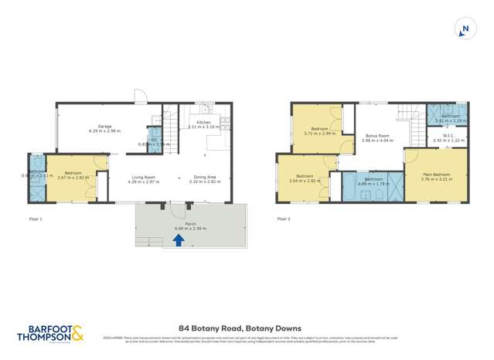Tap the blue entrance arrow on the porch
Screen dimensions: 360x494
pos(179,239)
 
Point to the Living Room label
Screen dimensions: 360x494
pos(143,179)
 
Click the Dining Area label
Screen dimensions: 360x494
pos(204,179)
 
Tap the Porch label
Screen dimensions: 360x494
pos(189,225)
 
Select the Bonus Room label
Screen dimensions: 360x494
pos(378,138)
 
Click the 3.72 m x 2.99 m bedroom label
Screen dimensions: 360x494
pos(319,131)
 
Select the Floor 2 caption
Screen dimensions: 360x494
pos(284,219)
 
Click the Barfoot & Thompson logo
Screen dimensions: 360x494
pos(50,334)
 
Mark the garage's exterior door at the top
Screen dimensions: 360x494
pos(139,97)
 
